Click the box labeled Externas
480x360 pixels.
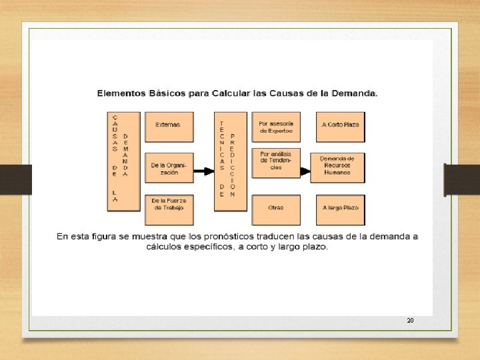click(x=167, y=125)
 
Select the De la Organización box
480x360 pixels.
click(x=167, y=167)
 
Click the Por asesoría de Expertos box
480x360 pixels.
click(x=276, y=127)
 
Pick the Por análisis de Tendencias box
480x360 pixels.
click(x=276, y=164)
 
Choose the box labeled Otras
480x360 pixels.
click(x=276, y=209)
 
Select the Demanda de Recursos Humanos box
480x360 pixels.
click(x=341, y=167)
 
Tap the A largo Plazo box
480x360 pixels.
click(x=341, y=209)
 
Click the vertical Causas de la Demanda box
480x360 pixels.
click(x=123, y=161)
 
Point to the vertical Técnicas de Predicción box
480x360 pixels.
click(x=227, y=161)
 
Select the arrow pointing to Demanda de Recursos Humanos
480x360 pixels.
click(x=306, y=171)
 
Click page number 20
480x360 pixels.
click(x=410, y=321)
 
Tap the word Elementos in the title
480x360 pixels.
click(x=121, y=93)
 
